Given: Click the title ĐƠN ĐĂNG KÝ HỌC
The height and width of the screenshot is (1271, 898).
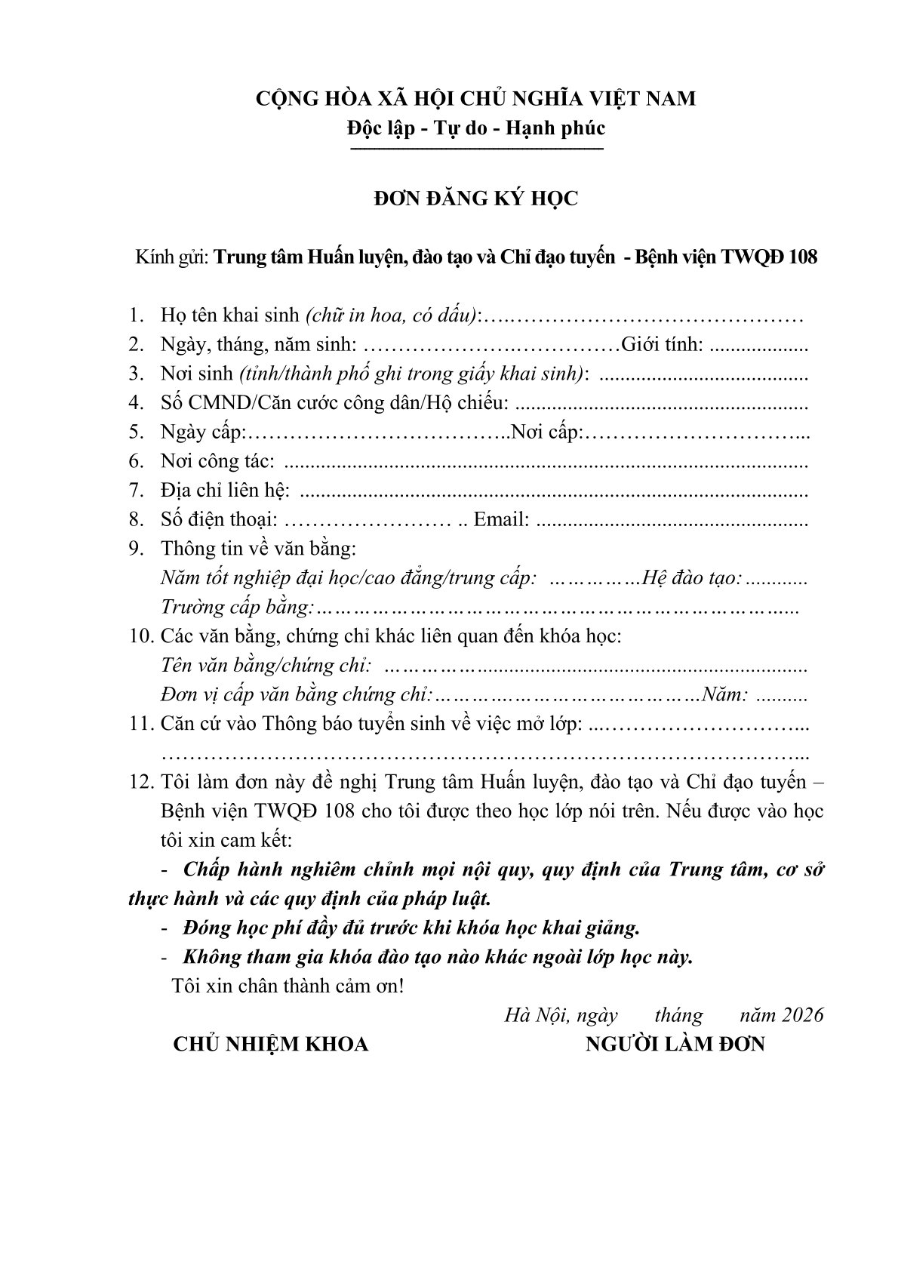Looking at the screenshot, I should pyautogui.click(x=476, y=198).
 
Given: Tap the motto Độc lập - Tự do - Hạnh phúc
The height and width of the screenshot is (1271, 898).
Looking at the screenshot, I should pyautogui.click(x=476, y=128).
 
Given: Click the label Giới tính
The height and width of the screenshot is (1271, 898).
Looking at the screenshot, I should pyautogui.click(x=662, y=346).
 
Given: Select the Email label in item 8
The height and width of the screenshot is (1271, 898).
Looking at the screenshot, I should pyautogui.click(x=500, y=520).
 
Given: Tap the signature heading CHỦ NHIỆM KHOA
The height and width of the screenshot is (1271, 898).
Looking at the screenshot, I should pyautogui.click(x=271, y=1045).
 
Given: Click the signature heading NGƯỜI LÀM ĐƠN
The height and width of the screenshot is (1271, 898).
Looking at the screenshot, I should pyautogui.click(x=675, y=1045).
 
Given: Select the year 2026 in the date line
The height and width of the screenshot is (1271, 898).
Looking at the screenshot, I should pyautogui.click(x=803, y=1016).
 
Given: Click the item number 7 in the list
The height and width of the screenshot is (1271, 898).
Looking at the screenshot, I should pyautogui.click(x=137, y=491).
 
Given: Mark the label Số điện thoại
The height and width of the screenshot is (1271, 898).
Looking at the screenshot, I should pyautogui.click(x=219, y=520).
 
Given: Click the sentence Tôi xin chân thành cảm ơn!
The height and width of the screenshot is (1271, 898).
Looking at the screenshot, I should pyautogui.click(x=288, y=986).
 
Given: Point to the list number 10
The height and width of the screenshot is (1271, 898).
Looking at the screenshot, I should pyautogui.click(x=141, y=636).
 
